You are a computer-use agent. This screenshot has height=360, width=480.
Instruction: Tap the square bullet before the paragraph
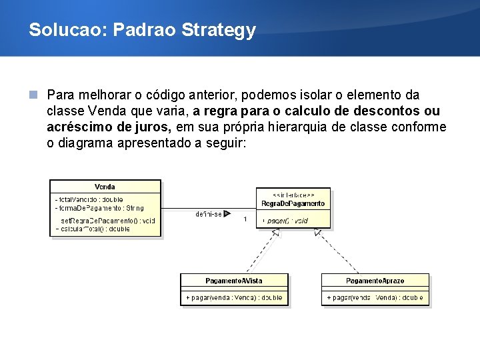pos(34,95)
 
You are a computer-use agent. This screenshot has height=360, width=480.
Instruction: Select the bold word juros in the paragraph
pos(154,127)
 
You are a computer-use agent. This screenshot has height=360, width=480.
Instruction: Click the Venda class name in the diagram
pos(105,187)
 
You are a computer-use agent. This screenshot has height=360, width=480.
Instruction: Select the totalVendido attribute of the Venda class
pos(89,199)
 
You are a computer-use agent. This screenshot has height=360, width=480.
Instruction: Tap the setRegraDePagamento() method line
pos(108,220)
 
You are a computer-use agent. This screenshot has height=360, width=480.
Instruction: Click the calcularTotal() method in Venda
pos(93,229)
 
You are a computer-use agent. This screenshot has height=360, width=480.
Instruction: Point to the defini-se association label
pos(209,214)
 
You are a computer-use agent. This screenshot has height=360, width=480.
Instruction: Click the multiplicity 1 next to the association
pos(245,219)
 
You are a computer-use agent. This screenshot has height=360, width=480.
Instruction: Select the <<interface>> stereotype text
pos(293,195)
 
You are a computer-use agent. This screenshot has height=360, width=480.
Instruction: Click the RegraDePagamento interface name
pos(293,203)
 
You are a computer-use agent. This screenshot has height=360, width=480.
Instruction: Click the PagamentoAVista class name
pos(235,281)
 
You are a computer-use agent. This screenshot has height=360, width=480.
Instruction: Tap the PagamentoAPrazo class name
pos(375,281)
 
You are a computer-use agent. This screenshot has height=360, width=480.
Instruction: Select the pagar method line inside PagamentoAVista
pos(235,297)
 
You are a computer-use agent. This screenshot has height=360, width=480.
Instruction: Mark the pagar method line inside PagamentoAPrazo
pos(375,297)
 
